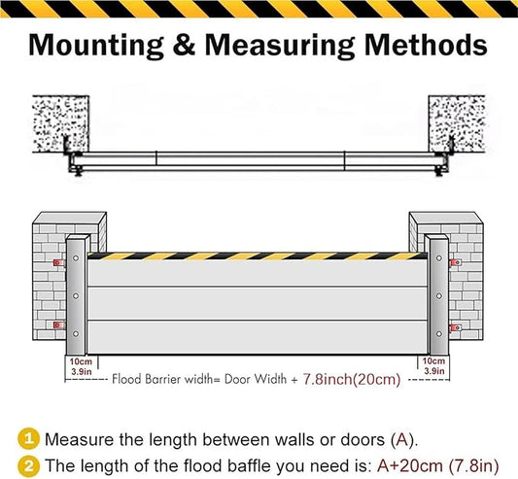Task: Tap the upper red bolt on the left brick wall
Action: pyautogui.click(x=57, y=263)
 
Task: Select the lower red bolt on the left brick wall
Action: pyautogui.click(x=57, y=325)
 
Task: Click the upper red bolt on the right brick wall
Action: pyautogui.click(x=456, y=263)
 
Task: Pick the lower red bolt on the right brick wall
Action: pyautogui.click(x=456, y=327)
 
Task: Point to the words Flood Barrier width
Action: pyautogui.click(x=156, y=380)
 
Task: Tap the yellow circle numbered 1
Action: pyautogui.click(x=29, y=438)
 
